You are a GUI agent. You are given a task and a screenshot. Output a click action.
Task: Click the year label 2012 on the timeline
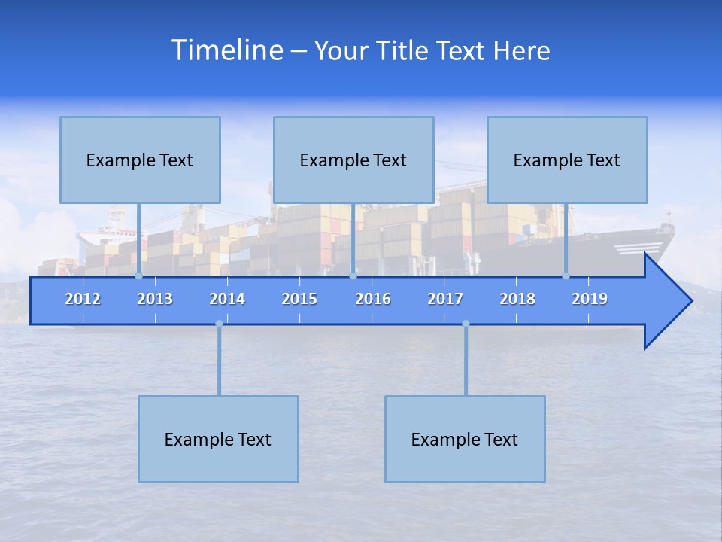(x=83, y=299)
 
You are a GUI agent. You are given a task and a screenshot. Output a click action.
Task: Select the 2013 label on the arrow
(x=155, y=299)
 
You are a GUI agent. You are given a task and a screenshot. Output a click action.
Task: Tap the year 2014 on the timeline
(x=227, y=299)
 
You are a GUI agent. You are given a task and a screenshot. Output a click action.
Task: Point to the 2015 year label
(x=299, y=299)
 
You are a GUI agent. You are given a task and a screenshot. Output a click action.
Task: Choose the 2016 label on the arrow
(x=373, y=299)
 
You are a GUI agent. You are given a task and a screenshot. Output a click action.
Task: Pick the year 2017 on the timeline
(x=445, y=299)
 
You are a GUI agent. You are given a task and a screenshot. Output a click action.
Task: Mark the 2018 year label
(x=517, y=299)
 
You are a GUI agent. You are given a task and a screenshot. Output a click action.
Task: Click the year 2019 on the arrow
(x=590, y=299)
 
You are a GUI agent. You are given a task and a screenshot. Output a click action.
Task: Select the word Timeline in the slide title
(x=226, y=50)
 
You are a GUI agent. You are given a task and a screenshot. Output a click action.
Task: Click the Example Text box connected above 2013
(x=140, y=160)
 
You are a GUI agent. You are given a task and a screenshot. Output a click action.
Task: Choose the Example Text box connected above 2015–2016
(x=353, y=160)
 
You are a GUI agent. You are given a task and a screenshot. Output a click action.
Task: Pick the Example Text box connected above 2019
(x=567, y=160)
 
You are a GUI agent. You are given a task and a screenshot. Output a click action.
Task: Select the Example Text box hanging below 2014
(x=218, y=439)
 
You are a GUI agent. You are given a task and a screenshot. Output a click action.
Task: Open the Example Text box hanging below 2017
(x=465, y=439)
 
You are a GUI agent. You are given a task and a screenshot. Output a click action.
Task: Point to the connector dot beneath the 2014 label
(x=219, y=324)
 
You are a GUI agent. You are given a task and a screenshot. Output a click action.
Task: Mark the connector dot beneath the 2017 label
(x=466, y=324)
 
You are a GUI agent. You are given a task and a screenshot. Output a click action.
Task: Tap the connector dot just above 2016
(x=353, y=276)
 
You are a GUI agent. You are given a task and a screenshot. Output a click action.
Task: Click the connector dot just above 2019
(x=566, y=276)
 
